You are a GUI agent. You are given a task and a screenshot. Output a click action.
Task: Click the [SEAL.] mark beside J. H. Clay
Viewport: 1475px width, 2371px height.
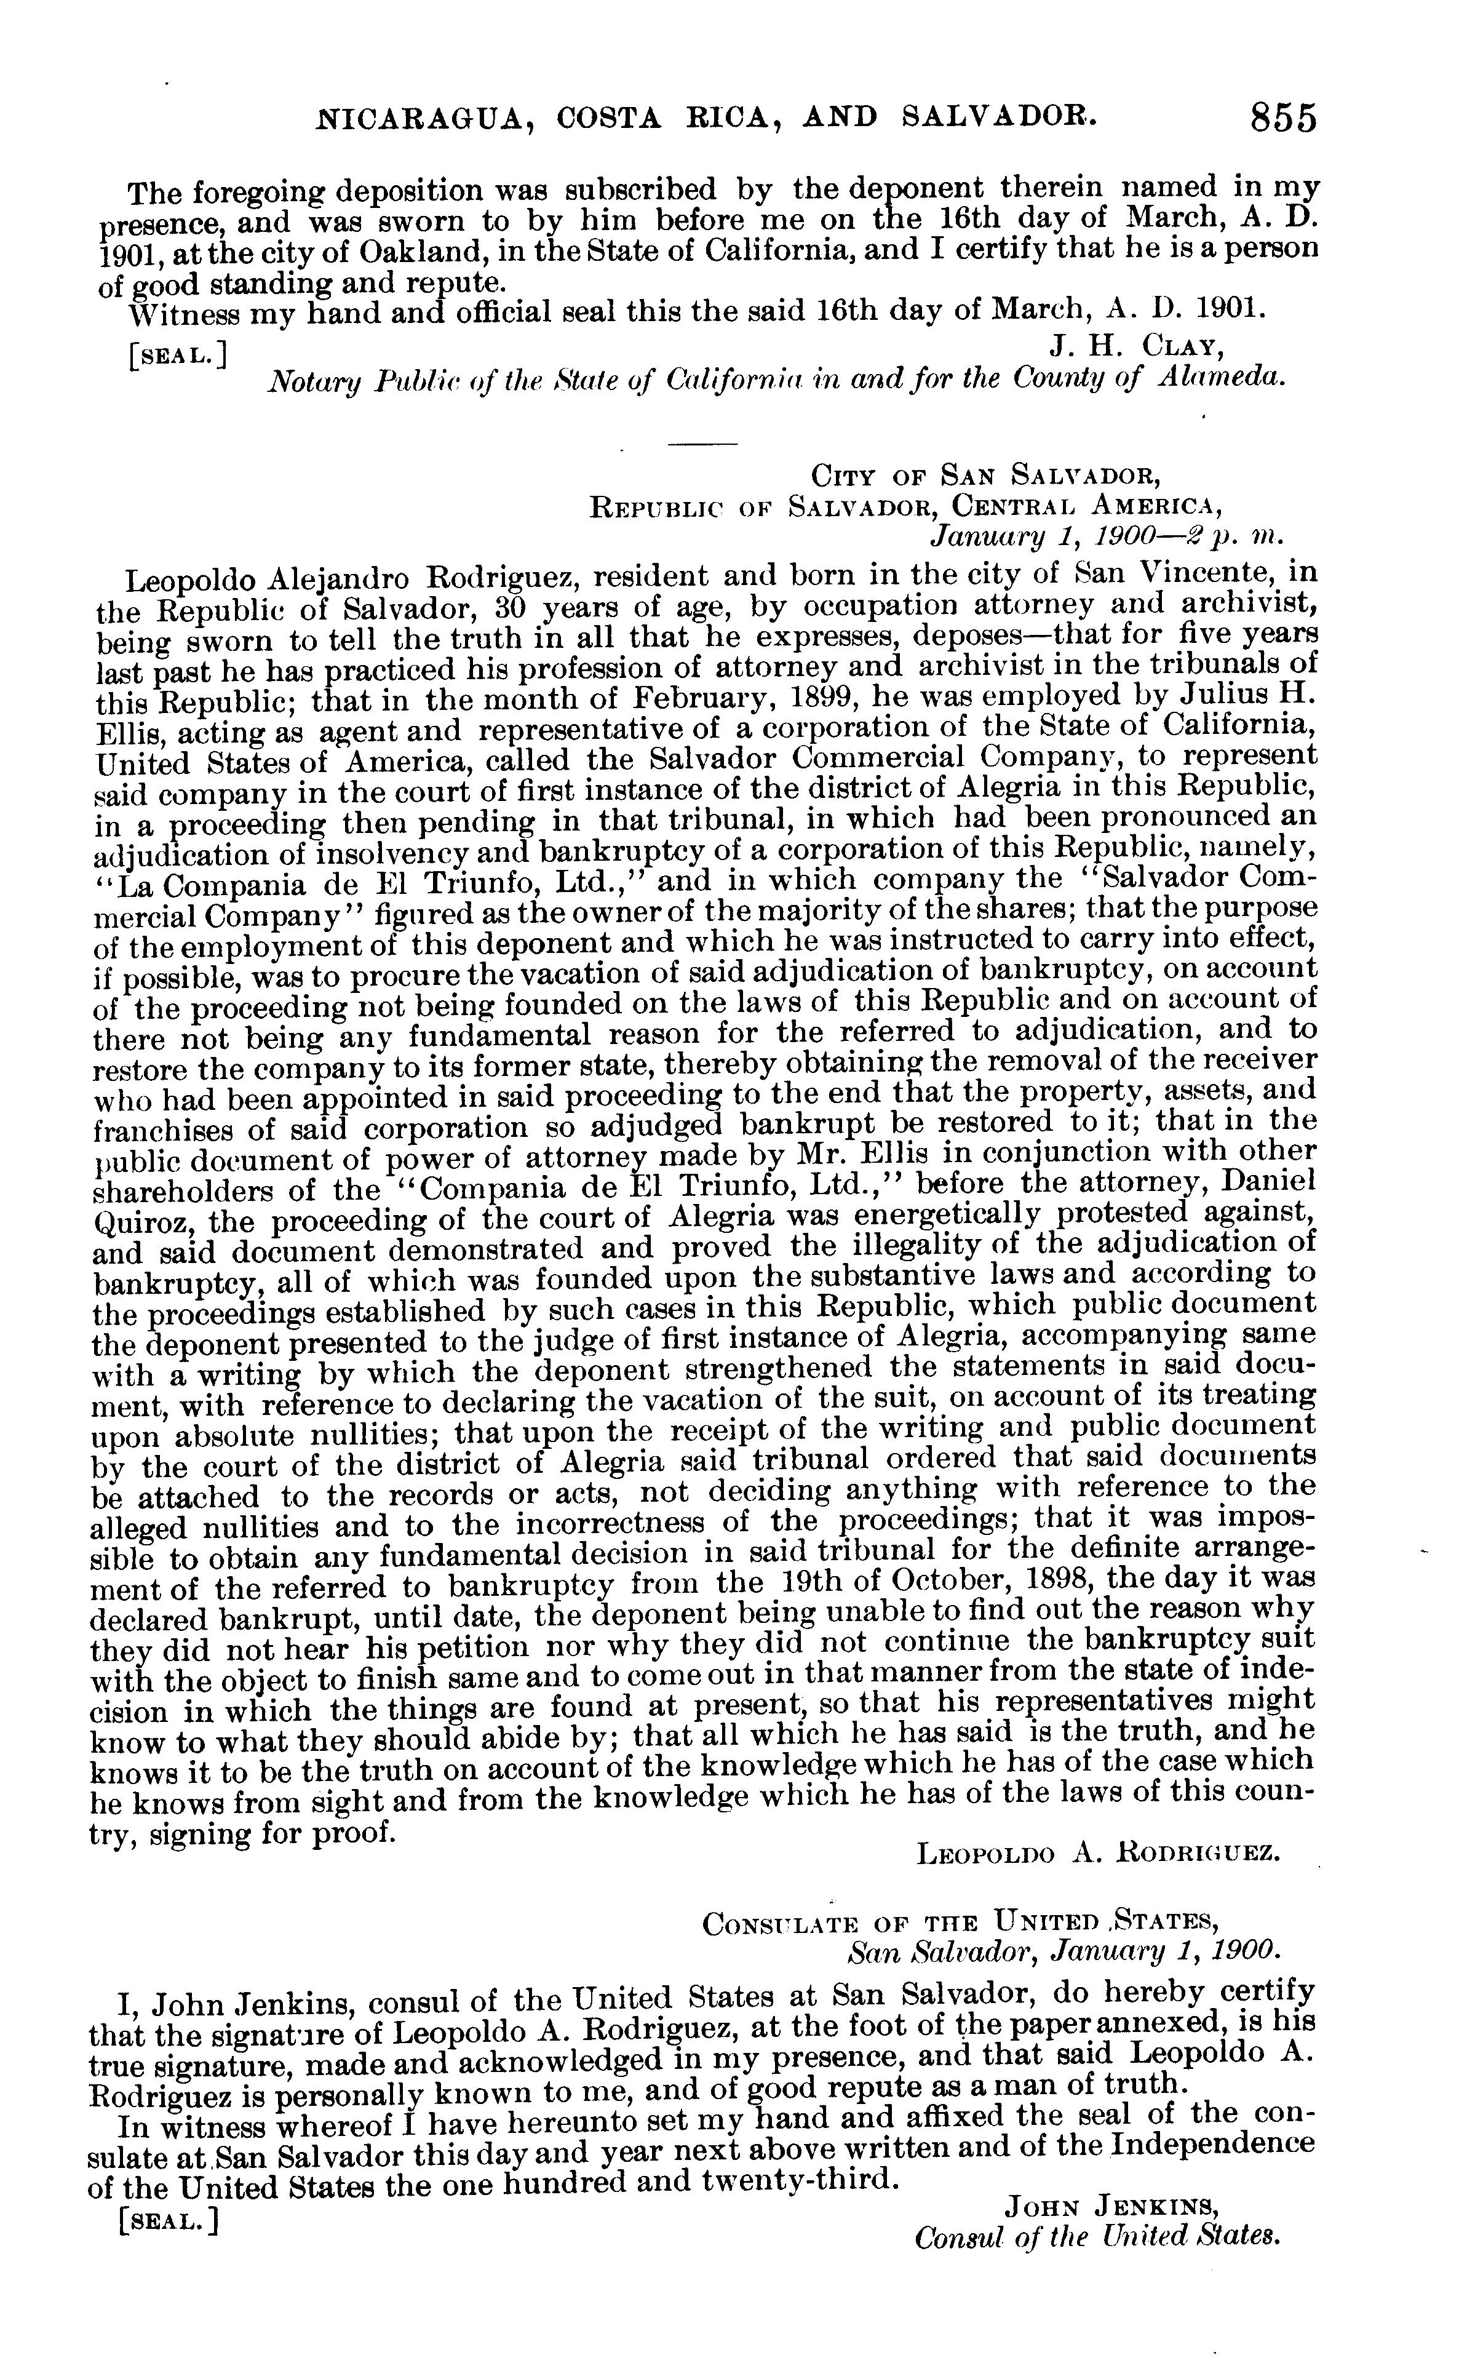[178, 353]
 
